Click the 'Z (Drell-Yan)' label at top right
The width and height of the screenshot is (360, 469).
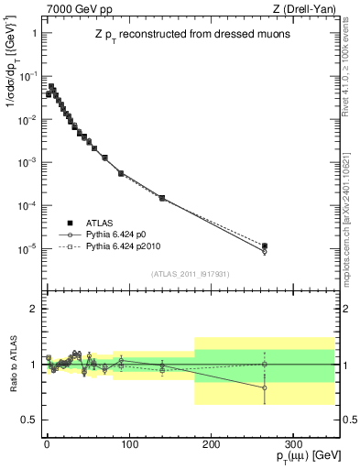[307, 8]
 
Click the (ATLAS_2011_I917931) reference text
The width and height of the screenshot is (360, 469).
[190, 274]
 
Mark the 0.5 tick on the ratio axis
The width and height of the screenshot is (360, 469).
[29, 420]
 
